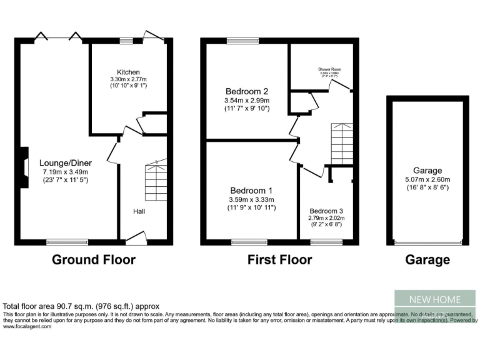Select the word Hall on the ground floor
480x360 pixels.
[x=139, y=212]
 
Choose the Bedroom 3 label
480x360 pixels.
[x=325, y=211]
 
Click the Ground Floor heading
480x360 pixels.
[x=93, y=260]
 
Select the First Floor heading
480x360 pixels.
[x=279, y=260]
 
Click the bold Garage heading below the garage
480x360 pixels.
[x=427, y=260]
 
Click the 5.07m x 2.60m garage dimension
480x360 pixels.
[x=427, y=179]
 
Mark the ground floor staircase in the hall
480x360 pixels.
[x=156, y=181]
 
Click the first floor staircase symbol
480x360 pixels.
[x=342, y=144]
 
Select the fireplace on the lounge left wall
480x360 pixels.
[x=24, y=167]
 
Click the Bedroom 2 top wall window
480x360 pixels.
[x=238, y=41]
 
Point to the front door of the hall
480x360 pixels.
[x=136, y=237]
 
